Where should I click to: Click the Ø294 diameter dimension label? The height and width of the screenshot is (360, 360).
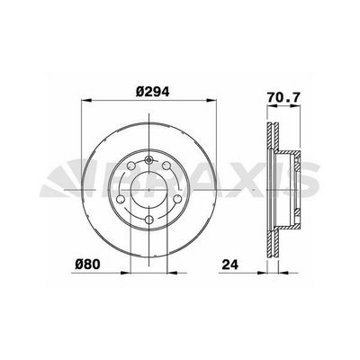(x=152, y=91)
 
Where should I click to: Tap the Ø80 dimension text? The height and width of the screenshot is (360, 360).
(x=87, y=265)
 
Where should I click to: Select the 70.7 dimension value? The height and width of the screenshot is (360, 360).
(x=283, y=98)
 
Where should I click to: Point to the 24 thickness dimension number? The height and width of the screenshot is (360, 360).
(x=229, y=265)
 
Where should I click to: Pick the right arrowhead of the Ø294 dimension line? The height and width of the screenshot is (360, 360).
(x=211, y=100)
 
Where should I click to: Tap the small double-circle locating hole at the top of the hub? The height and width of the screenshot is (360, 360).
(x=148, y=160)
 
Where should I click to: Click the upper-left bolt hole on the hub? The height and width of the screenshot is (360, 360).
(x=131, y=166)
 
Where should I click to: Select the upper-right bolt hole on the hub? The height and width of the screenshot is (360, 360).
(x=166, y=166)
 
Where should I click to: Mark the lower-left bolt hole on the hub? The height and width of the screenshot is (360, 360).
(x=121, y=199)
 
